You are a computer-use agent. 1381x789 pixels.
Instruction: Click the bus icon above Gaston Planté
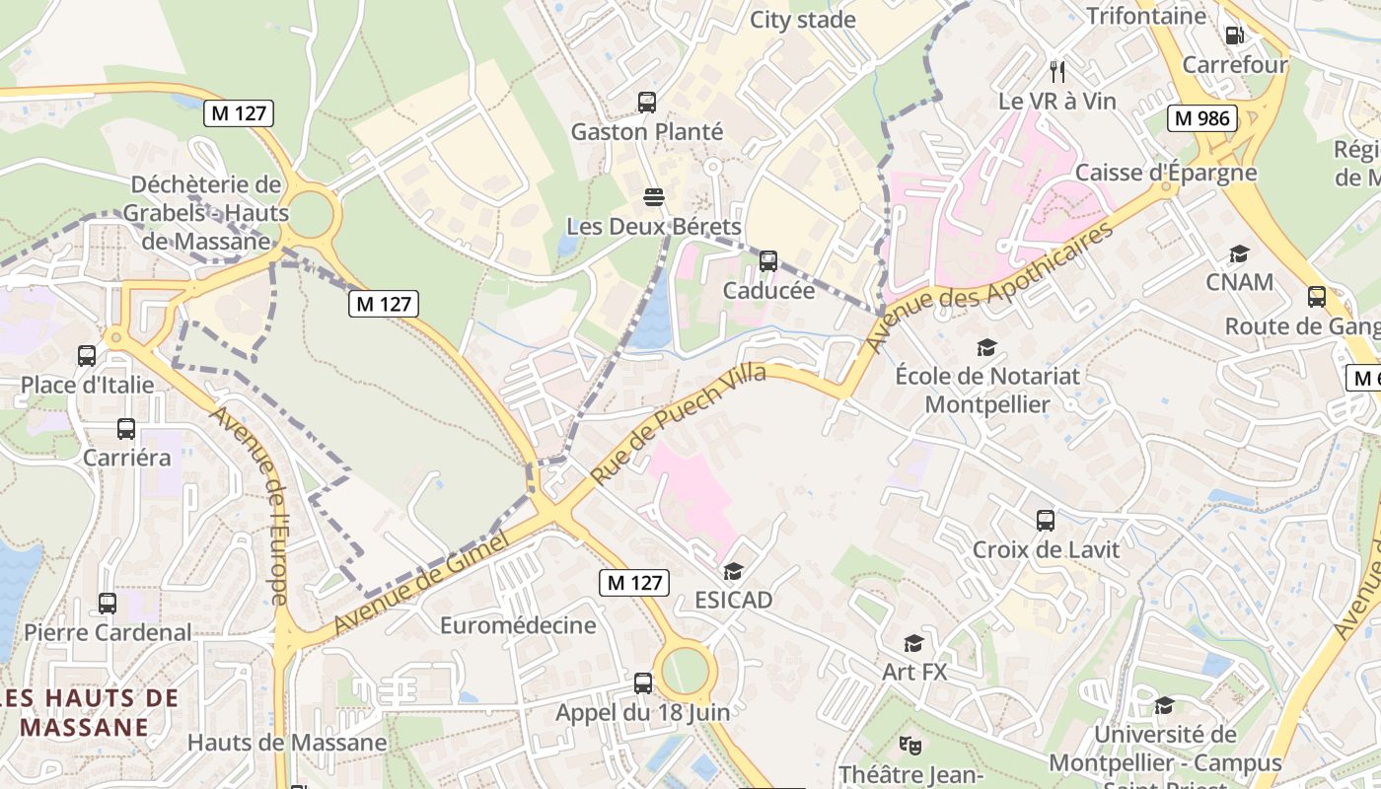tap(647, 102)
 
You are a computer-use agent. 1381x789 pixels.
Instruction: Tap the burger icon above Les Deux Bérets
tap(653, 196)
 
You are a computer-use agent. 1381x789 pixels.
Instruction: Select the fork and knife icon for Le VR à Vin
tap(1057, 71)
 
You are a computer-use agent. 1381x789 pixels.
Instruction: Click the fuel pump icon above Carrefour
tap(1234, 36)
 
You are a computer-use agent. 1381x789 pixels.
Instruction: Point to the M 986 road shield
tap(1203, 118)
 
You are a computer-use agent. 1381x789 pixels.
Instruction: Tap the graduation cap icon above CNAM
tap(1239, 254)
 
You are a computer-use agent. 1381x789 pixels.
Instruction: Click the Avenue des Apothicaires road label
tap(990, 286)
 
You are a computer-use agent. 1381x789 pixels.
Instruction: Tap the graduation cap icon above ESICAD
tap(733, 572)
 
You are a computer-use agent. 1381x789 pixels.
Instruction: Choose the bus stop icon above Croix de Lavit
tap(1046, 520)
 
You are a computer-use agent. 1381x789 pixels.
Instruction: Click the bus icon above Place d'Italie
tap(87, 355)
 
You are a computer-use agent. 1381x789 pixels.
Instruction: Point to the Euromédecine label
tap(518, 625)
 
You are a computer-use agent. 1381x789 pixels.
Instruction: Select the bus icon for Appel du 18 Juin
tap(643, 682)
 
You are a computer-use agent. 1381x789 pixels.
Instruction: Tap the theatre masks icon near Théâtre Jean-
tap(909, 746)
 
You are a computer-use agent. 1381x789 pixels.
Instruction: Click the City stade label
tap(803, 20)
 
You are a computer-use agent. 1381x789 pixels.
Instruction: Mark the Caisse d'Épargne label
tap(1166, 173)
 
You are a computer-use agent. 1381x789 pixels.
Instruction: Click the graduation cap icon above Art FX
tap(914, 644)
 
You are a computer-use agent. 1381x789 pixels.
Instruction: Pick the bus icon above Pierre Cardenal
tap(108, 603)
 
